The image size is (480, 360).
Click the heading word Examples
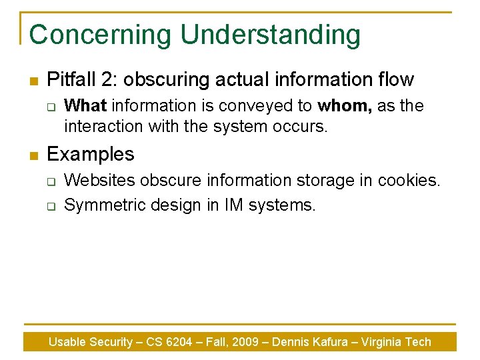click(x=91, y=155)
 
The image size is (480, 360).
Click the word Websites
click(x=99, y=181)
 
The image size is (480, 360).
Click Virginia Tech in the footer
click(x=396, y=342)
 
